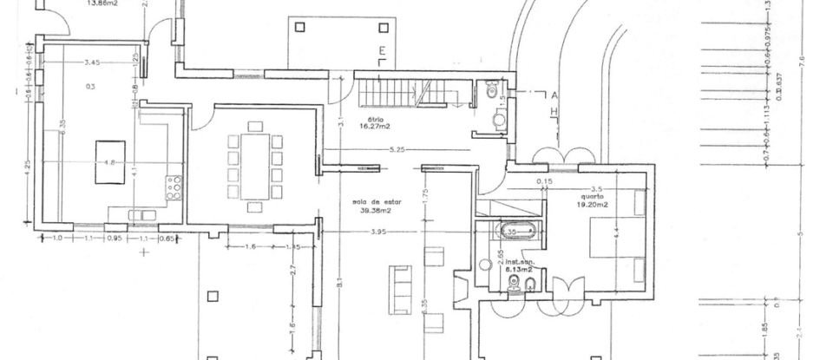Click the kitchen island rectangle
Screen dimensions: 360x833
pos(108,162)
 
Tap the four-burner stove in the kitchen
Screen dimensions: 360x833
pos(174,187)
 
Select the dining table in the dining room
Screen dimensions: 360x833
pos(255,165)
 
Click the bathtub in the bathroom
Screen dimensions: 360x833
pos(512,232)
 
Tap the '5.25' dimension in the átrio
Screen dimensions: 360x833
pos(397,150)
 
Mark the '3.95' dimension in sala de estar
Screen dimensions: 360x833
pos(378,232)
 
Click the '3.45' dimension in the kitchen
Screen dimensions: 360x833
pos(93,62)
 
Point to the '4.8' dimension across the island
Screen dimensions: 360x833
pos(109,162)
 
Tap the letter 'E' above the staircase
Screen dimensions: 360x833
pos(381,52)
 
